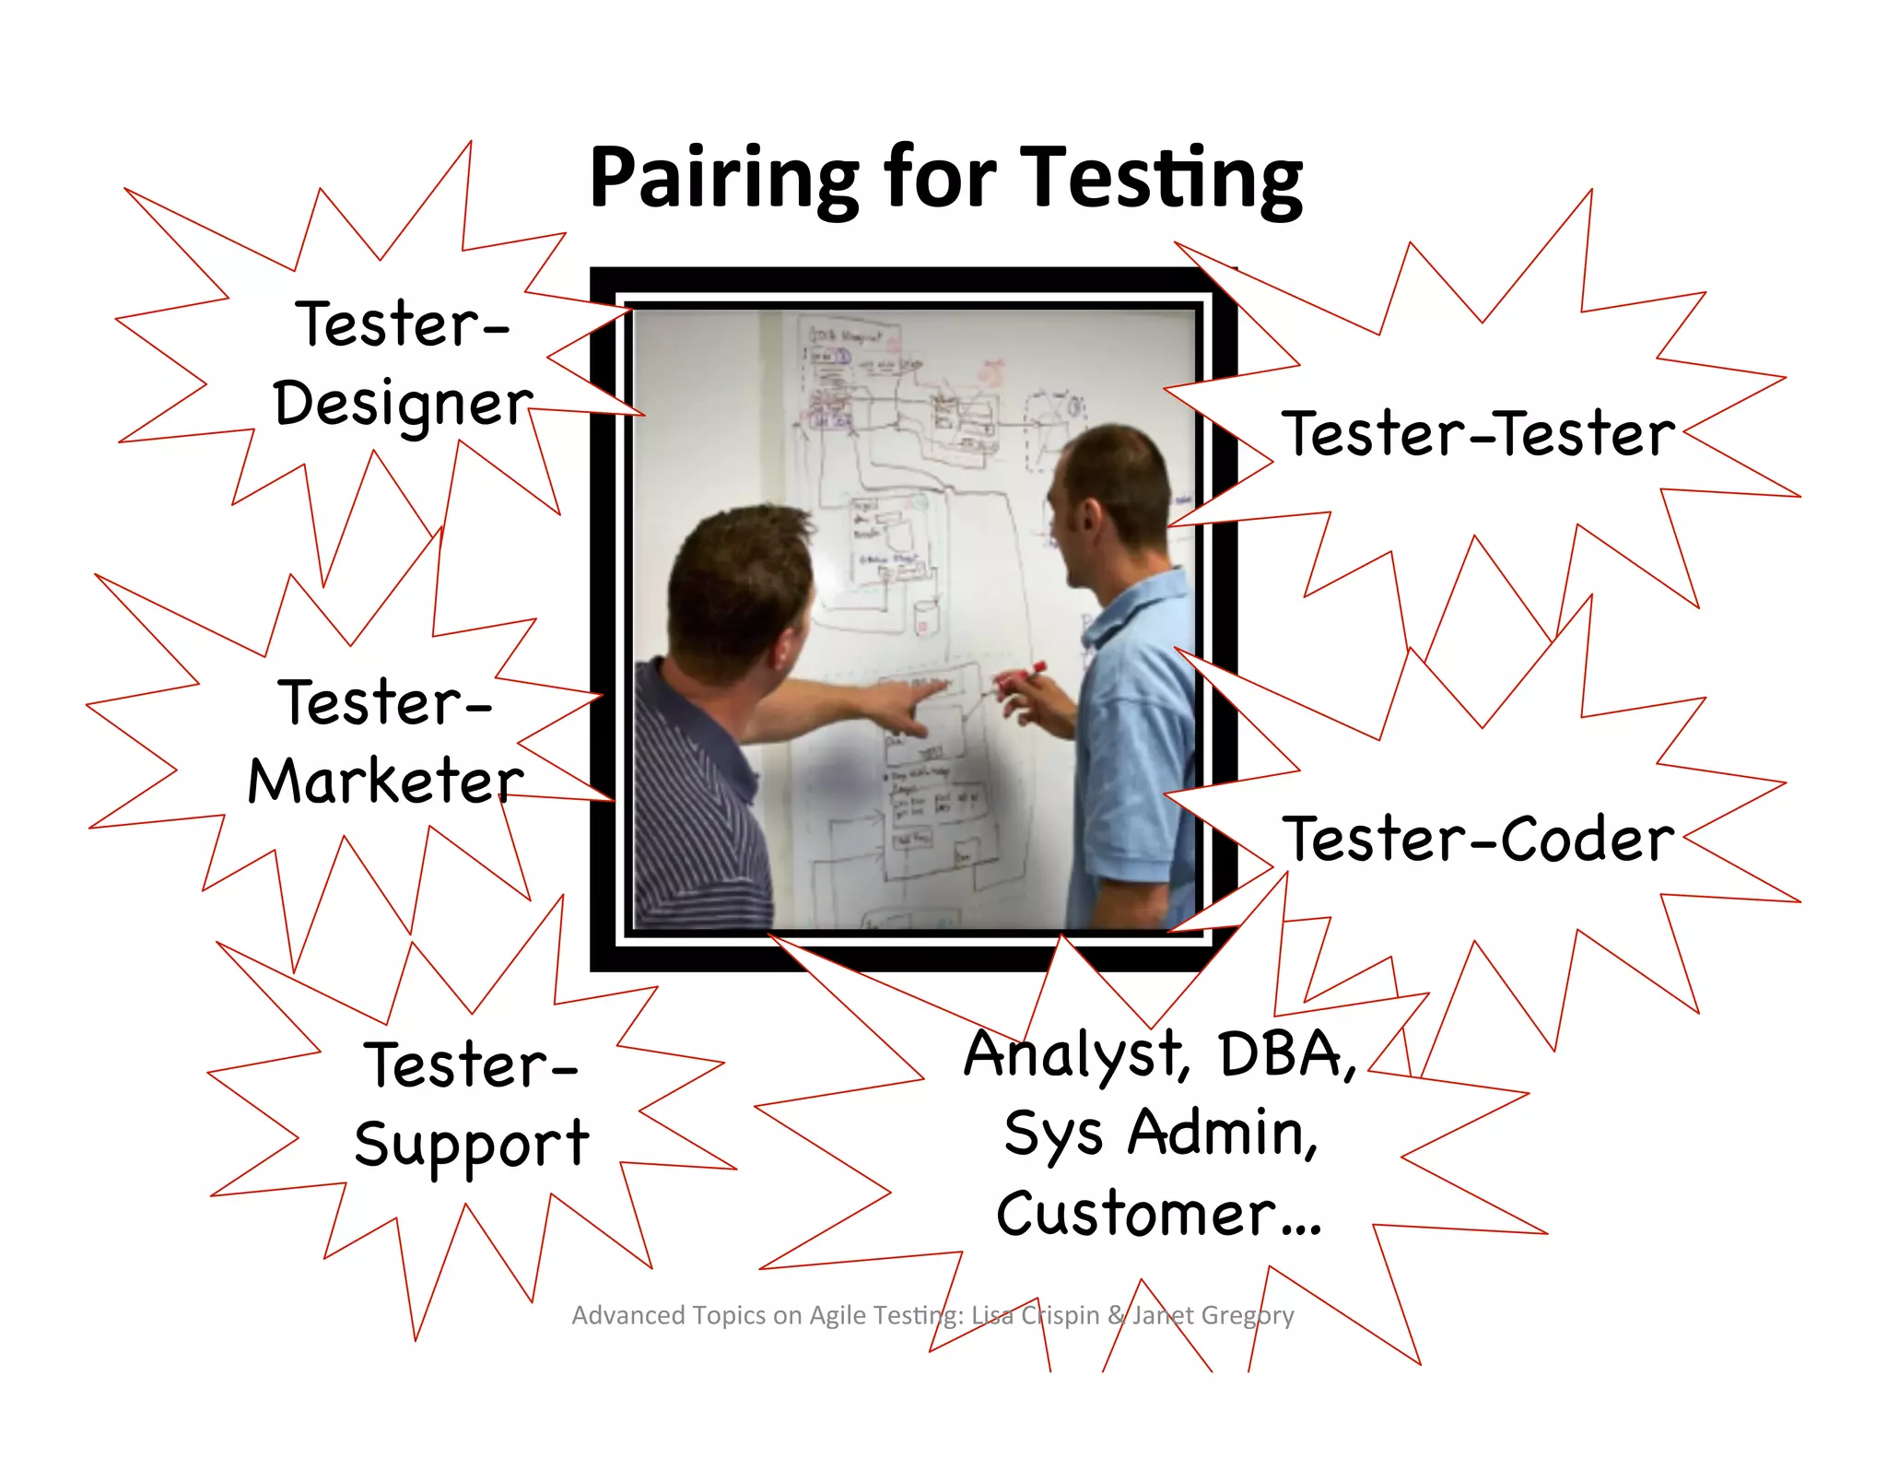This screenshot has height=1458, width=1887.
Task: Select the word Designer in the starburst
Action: pyautogui.click(x=403, y=404)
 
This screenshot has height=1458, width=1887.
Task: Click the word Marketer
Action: pyautogui.click(x=385, y=782)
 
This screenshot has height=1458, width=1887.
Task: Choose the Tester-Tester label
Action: pyautogui.click(x=1478, y=433)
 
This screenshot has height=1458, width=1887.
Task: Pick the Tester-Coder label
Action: pyautogui.click(x=1478, y=839)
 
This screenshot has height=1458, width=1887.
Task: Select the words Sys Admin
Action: pyautogui.click(x=1161, y=1133)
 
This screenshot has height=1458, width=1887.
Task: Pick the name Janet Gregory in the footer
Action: pyautogui.click(x=1213, y=1315)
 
